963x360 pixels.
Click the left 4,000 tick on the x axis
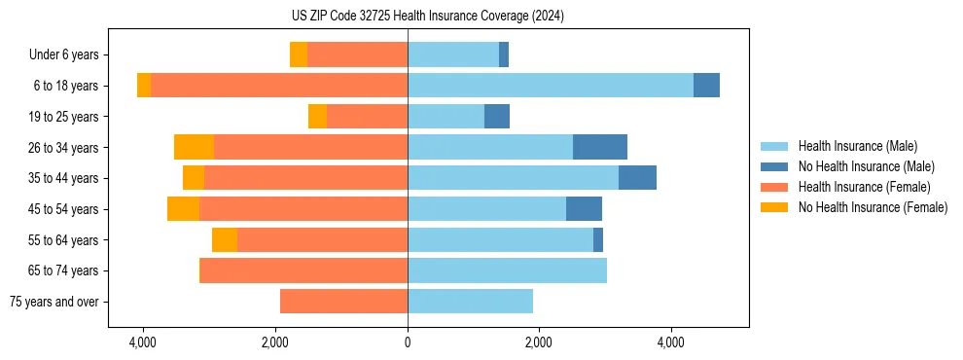[143, 343]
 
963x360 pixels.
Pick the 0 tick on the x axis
[408, 343]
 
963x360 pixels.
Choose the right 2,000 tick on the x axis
[539, 343]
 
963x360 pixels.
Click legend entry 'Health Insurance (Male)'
[857, 146]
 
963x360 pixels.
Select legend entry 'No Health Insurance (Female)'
[873, 207]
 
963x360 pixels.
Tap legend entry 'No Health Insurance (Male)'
[866, 166]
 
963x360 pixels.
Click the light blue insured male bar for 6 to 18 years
[551, 86]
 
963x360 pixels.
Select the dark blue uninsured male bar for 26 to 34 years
[600, 147]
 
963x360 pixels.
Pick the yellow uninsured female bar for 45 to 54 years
[183, 209]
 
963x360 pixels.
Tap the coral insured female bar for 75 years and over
[343, 302]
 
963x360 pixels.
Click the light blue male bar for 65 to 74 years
[507, 270]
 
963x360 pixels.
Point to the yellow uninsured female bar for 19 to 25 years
[317, 117]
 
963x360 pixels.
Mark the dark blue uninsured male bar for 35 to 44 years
[637, 178]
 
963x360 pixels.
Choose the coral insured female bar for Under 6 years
[357, 55]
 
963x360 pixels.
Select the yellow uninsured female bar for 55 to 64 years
[225, 240]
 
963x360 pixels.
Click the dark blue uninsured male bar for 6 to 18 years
[706, 86]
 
